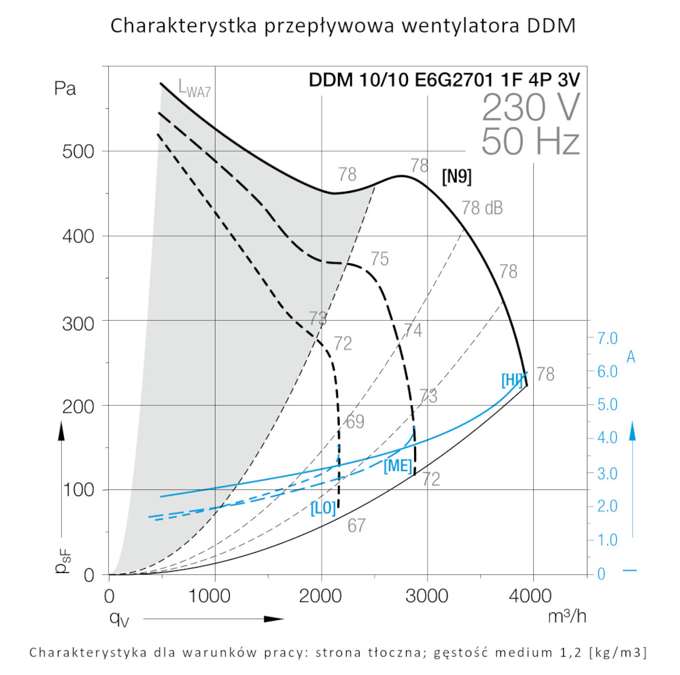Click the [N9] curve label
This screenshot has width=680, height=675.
pyautogui.click(x=456, y=177)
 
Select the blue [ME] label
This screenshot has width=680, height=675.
pyautogui.click(x=397, y=466)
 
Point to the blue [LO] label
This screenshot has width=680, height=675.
pyautogui.click(x=323, y=508)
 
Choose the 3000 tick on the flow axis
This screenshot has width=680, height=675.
pyautogui.click(x=427, y=597)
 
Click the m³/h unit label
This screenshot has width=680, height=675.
pyautogui.click(x=566, y=617)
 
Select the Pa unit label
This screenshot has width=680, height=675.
pyautogui.click(x=65, y=89)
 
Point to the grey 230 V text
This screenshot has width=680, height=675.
pyautogui.click(x=531, y=107)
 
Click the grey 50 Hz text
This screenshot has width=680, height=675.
pyautogui.click(x=530, y=143)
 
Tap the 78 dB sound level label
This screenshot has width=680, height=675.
pyautogui.click(x=482, y=209)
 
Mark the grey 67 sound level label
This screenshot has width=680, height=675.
pyautogui.click(x=357, y=525)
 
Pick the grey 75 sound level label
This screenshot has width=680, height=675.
pyautogui.click(x=379, y=259)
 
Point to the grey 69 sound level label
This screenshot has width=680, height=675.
pyautogui.click(x=355, y=421)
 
